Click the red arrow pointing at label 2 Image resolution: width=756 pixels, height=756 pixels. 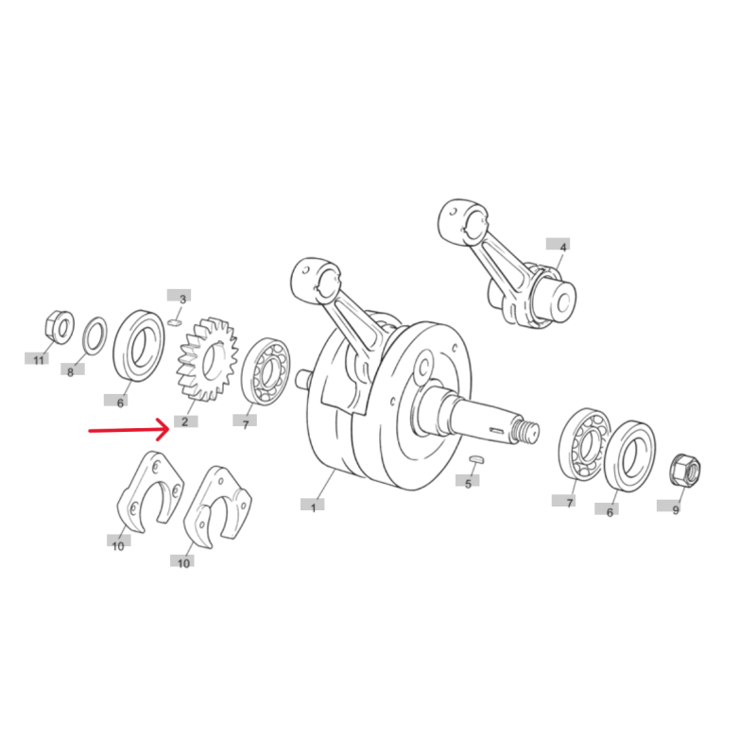coord(129,430)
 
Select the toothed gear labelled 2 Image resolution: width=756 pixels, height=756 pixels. coord(207,360)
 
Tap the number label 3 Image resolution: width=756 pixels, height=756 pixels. coord(182,300)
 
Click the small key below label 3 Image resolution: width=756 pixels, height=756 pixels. coord(174,320)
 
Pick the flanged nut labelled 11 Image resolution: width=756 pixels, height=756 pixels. coord(60,327)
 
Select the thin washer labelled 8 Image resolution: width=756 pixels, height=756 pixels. coord(95,335)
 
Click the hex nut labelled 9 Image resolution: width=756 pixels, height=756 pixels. coord(685,470)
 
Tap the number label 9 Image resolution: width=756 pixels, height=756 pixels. coord(676,509)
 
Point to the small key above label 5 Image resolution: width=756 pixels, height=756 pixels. coord(476,458)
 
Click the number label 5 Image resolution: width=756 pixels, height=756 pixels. coord(468,484)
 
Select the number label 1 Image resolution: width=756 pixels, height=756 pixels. coord(313,507)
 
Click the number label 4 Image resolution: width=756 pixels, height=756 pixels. coord(562,248)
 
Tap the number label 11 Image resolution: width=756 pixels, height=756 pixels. coord(39,360)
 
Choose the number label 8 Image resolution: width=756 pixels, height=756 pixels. coord(70,371)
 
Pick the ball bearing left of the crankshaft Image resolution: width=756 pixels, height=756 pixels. coord(266,370)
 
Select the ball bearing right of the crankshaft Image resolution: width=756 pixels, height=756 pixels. coord(585,443)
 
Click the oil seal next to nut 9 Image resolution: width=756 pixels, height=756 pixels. coord(629,456)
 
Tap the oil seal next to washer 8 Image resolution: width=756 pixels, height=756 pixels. coord(139,345)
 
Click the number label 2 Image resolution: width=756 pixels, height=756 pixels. coord(184,421)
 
